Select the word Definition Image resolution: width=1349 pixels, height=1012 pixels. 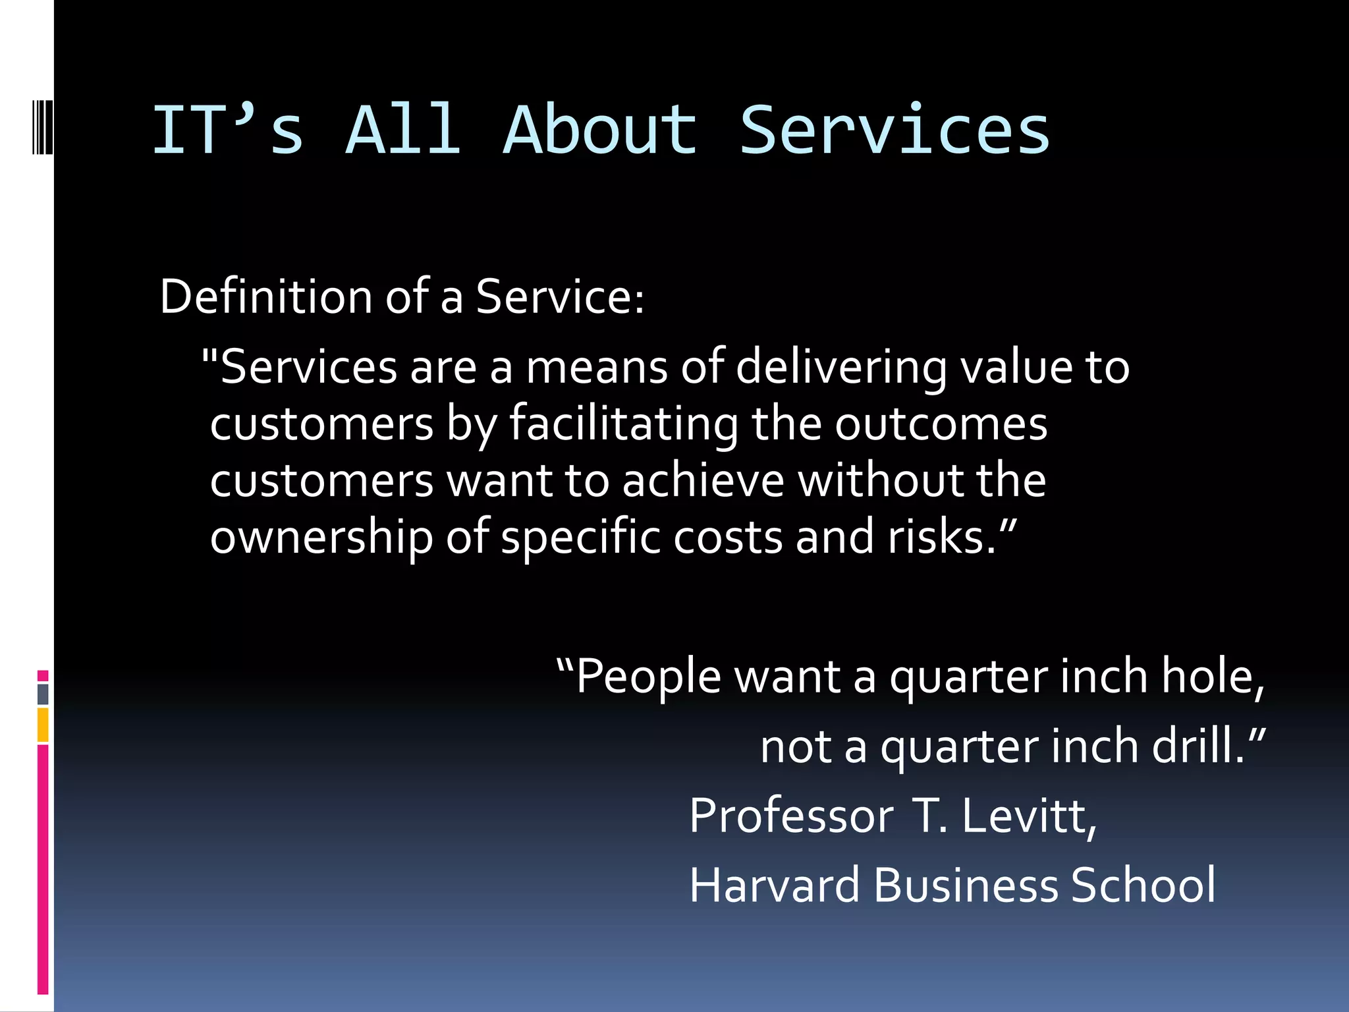click(x=265, y=296)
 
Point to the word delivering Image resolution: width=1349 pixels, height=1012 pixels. click(x=841, y=368)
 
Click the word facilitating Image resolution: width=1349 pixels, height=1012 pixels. click(x=623, y=424)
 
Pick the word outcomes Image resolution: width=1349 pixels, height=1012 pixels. click(x=941, y=424)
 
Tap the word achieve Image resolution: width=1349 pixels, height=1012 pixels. click(x=703, y=480)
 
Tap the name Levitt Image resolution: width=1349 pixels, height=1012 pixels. click(x=1028, y=816)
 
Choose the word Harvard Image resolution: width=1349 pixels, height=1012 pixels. click(x=775, y=885)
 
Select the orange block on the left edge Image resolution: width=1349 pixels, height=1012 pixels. click(x=43, y=725)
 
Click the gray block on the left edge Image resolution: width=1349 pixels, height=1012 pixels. click(x=43, y=694)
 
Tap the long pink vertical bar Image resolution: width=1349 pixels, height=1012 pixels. click(x=43, y=869)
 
